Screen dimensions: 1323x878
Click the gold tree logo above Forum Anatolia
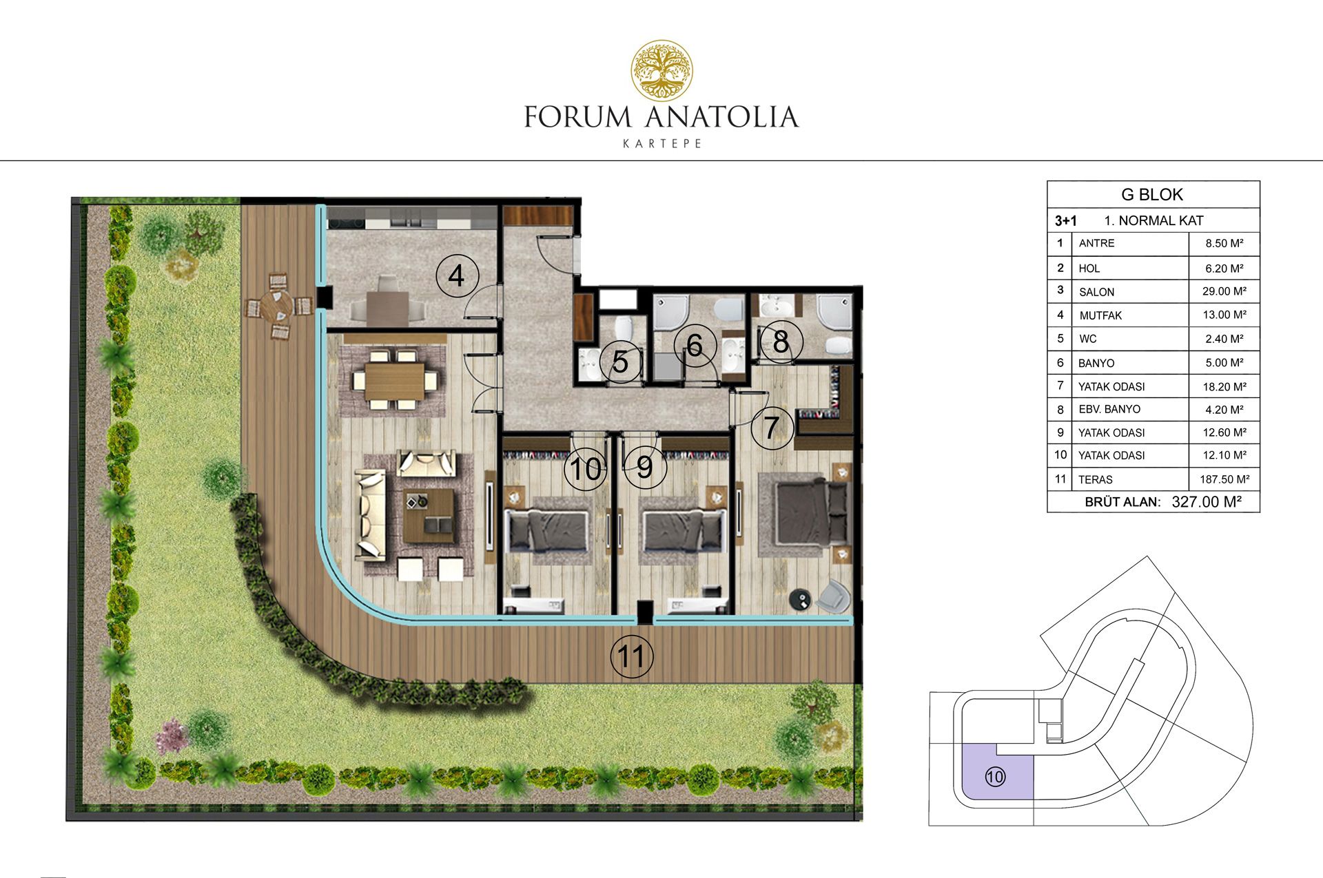pyautogui.click(x=662, y=70)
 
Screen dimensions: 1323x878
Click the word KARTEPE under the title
pyautogui.click(x=662, y=144)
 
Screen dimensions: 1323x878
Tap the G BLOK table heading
pyautogui.click(x=1152, y=195)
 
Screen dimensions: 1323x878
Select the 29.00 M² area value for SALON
pyautogui.click(x=1224, y=291)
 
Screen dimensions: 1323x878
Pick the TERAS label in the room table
pyautogui.click(x=1096, y=479)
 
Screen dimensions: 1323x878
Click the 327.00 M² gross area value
pyautogui.click(x=1207, y=501)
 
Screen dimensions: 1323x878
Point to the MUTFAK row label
pyautogui.click(x=1100, y=315)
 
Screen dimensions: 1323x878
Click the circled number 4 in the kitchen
pyautogui.click(x=456, y=276)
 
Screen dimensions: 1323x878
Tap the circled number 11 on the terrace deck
pyautogui.click(x=632, y=656)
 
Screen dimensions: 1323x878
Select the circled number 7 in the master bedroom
pyautogui.click(x=772, y=428)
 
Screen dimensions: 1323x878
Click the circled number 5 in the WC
pyautogui.click(x=620, y=362)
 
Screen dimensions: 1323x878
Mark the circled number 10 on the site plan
pyautogui.click(x=995, y=777)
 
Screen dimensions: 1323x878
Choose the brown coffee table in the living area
pyautogui.click(x=429, y=516)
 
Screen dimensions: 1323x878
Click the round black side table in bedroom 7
pyautogui.click(x=801, y=599)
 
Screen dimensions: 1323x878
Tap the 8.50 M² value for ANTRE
pyautogui.click(x=1224, y=243)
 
